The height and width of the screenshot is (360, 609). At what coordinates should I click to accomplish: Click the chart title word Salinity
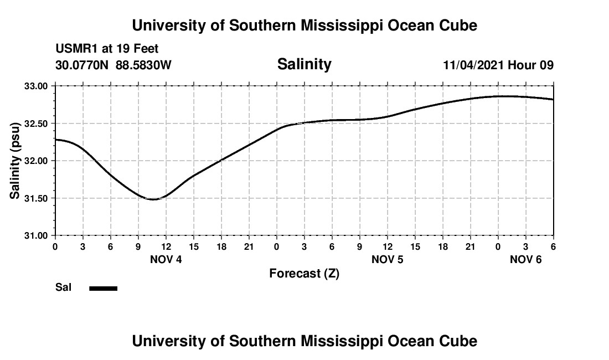click(x=304, y=64)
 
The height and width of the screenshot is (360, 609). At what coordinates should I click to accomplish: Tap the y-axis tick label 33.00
click(x=36, y=86)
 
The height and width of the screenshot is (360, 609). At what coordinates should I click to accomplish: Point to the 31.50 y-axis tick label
click(x=36, y=198)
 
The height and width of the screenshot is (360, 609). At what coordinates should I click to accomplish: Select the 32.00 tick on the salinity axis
click(x=36, y=161)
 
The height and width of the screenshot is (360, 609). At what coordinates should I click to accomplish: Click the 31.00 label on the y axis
click(x=36, y=235)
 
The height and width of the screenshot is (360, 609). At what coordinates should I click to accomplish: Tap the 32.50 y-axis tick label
click(x=36, y=124)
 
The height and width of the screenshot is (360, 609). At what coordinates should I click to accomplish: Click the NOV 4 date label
click(x=166, y=259)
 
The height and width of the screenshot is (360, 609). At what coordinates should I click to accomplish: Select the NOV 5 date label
click(x=388, y=259)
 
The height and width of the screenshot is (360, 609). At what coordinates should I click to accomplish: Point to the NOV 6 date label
click(x=526, y=259)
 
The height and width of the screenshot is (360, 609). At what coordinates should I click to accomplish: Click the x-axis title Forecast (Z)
click(x=304, y=274)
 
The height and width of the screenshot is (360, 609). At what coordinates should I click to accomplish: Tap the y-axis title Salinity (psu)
click(x=15, y=161)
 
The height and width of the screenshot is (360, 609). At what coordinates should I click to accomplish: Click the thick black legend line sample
click(x=104, y=288)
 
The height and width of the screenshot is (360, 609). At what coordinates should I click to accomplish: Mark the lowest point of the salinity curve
click(x=153, y=199)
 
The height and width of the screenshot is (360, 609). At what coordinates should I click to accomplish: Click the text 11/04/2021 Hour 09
click(x=498, y=65)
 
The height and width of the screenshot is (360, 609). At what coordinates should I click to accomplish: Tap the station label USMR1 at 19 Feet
click(x=107, y=49)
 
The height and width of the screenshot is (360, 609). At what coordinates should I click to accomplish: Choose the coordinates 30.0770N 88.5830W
click(x=113, y=65)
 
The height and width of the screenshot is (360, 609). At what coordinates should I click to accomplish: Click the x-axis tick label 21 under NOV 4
click(x=249, y=246)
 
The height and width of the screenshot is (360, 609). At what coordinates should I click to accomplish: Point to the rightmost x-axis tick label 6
click(x=553, y=246)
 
